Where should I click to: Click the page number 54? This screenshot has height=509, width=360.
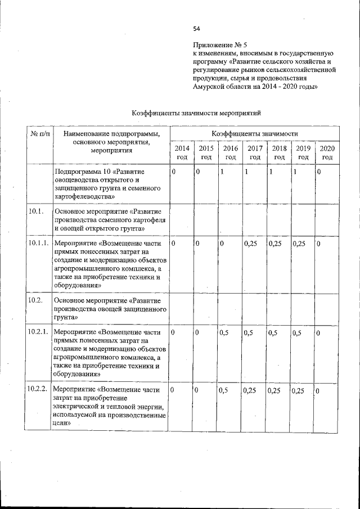tap(197, 29)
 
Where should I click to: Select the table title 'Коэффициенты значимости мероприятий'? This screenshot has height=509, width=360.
tap(196, 113)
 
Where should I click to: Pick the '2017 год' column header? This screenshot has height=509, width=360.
tap(255, 152)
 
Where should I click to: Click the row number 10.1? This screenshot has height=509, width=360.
tap(35, 211)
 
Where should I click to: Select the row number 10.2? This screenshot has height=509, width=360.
tap(35, 300)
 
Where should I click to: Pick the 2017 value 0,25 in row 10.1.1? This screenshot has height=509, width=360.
tap(251, 244)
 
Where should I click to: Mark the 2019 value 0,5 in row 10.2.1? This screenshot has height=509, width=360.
tap(298, 333)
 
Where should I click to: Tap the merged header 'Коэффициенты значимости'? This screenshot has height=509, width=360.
tap(254, 134)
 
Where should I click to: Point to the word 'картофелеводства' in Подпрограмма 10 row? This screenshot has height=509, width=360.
tap(85, 197)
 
